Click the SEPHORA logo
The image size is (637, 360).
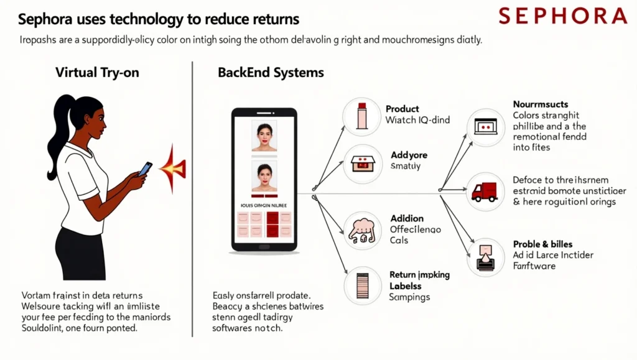click(563, 16)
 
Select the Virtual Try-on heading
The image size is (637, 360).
click(97, 72)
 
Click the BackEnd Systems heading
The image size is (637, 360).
click(271, 72)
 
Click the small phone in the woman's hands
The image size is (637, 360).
click(145, 168)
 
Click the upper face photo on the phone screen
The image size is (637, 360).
click(264, 136)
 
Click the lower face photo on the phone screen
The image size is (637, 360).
click(264, 177)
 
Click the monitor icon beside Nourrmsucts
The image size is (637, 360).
click(485, 126)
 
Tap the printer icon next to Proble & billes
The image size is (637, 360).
click(485, 256)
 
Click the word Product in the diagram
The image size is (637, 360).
click(402, 109)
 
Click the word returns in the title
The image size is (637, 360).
click(276, 19)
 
